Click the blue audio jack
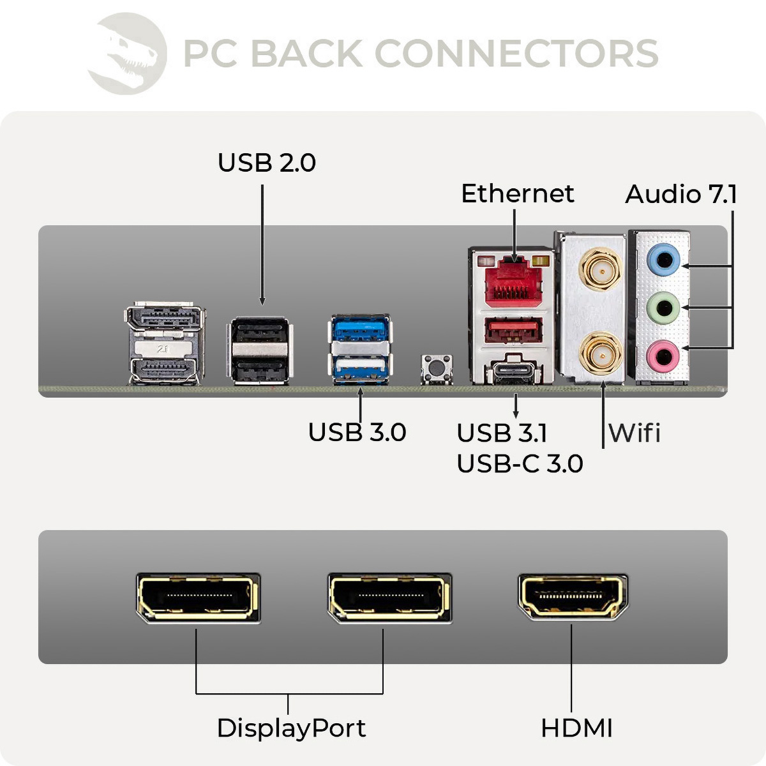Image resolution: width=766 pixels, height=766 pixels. pyautogui.click(x=663, y=260)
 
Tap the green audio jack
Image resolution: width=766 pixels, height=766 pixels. pyautogui.click(x=663, y=308)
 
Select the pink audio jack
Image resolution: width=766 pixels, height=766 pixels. pyautogui.click(x=663, y=356)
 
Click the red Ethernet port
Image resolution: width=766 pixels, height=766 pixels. pyautogui.click(x=514, y=281)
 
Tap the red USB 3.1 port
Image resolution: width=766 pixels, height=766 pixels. pyautogui.click(x=514, y=331)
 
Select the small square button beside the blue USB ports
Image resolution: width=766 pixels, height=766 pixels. pyautogui.click(x=437, y=368)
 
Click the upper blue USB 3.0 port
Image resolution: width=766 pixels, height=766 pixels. pyautogui.click(x=361, y=329)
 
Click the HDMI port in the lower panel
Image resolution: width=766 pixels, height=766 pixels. pyautogui.click(x=572, y=597)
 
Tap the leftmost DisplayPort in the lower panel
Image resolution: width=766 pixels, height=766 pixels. pyautogui.click(x=198, y=597)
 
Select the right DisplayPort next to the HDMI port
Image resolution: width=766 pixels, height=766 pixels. pyautogui.click(x=389, y=597)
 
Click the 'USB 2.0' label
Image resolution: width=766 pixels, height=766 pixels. pyautogui.click(x=267, y=163)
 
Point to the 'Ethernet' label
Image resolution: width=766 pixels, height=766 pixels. pyautogui.click(x=517, y=193)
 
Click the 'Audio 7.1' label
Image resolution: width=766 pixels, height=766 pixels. pyautogui.click(x=680, y=194)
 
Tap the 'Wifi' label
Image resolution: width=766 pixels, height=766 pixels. pyautogui.click(x=635, y=433)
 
